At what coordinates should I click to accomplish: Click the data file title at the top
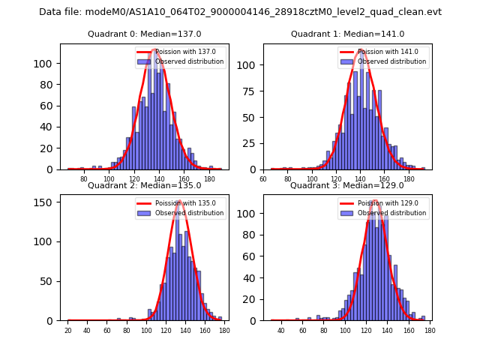[240, 12]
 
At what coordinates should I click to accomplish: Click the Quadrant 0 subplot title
[144, 34]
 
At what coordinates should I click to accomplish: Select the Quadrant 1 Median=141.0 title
[347, 34]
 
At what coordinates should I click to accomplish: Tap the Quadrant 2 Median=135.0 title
[144, 185]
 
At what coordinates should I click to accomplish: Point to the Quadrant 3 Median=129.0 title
[347, 185]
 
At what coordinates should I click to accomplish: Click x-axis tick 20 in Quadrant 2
[68, 330]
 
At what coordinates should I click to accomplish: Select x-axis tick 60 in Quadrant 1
[263, 179]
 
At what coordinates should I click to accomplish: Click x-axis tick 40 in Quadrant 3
[281, 330]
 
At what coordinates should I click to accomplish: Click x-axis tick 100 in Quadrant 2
[146, 330]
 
